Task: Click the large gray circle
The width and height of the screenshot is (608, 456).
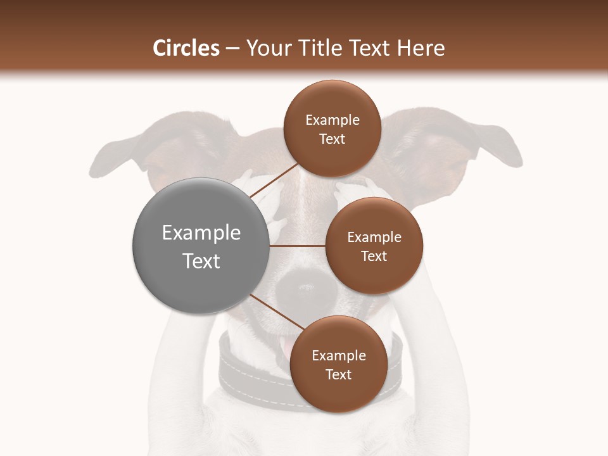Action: tap(201, 246)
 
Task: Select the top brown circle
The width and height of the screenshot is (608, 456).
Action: tap(332, 129)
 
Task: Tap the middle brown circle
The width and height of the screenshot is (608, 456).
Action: tap(374, 246)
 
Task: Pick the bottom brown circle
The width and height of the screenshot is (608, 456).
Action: tap(338, 364)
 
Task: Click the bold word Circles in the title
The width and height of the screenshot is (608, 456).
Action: tap(186, 48)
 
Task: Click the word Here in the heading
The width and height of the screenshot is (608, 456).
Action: tap(422, 48)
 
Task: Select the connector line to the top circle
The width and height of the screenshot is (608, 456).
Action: tap(274, 180)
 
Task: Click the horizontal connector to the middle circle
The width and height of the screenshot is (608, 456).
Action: tap(297, 246)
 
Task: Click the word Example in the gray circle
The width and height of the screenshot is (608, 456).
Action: tap(201, 233)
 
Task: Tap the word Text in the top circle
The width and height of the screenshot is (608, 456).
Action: tap(332, 139)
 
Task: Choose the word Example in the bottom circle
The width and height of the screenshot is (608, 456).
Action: tap(338, 355)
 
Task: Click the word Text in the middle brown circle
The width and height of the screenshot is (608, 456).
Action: tap(374, 256)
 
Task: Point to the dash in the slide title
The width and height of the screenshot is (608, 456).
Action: tap(232, 49)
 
